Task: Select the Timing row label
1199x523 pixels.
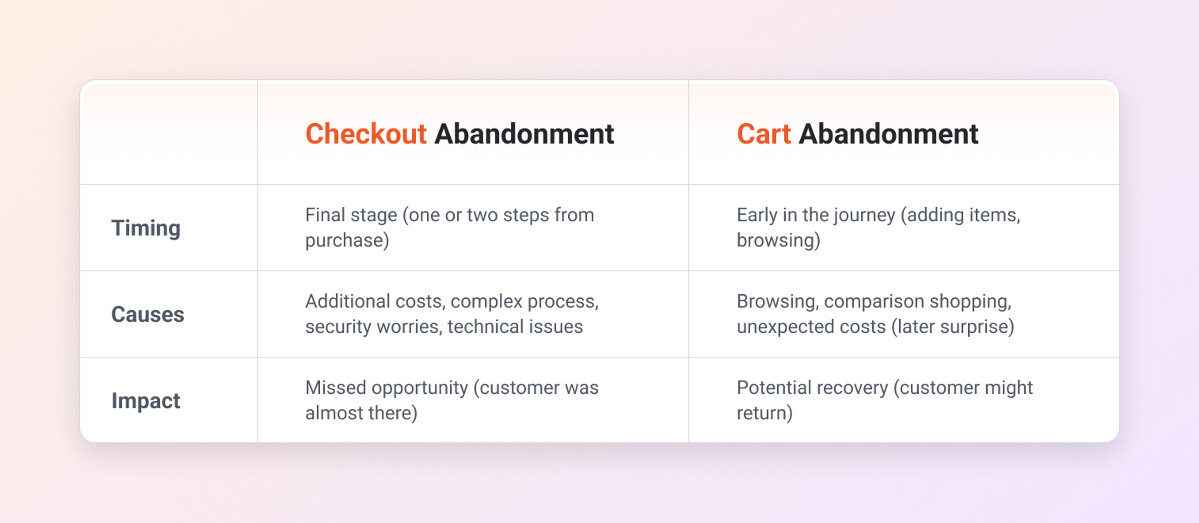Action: [x=146, y=228]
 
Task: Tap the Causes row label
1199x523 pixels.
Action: [x=148, y=314]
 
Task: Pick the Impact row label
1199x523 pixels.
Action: [x=146, y=401]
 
